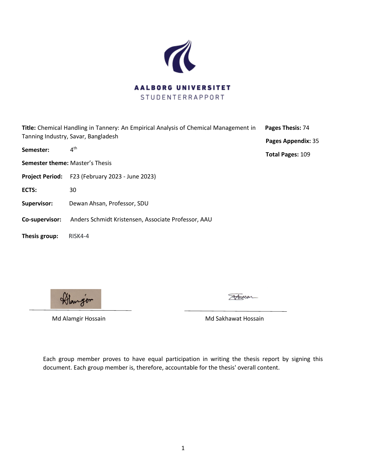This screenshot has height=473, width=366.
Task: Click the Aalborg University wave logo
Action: (180, 56)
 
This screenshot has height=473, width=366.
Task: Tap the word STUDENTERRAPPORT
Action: (182, 97)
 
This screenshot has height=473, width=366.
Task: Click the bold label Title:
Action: (29, 128)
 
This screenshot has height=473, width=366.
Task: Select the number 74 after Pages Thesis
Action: (306, 128)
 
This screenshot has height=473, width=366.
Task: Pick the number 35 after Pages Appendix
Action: (315, 141)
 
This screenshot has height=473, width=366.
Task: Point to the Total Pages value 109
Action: (305, 154)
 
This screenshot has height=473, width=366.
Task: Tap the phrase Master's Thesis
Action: (91, 163)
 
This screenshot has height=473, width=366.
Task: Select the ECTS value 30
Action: (73, 190)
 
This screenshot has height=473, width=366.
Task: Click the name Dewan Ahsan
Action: (88, 203)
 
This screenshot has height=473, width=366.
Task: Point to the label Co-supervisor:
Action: (42, 219)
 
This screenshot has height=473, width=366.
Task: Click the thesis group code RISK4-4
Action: (79, 236)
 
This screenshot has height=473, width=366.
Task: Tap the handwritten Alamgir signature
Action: (76, 299)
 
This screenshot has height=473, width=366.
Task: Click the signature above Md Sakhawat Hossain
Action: (243, 297)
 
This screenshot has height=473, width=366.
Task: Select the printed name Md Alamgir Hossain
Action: (79, 319)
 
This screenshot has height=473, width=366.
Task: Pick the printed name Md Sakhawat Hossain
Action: (234, 319)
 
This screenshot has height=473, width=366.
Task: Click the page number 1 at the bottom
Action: (183, 448)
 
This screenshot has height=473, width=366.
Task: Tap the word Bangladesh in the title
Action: (103, 136)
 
